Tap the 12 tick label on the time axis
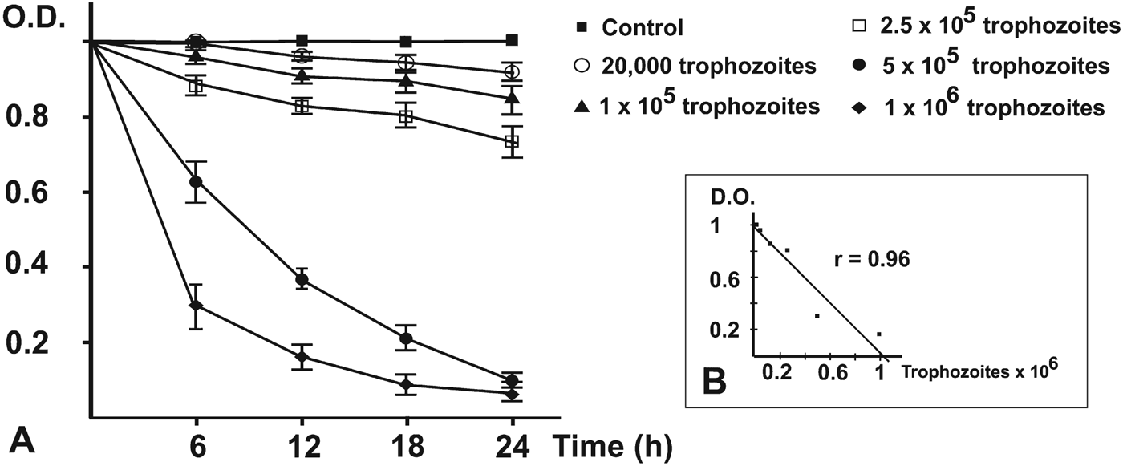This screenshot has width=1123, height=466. (x=301, y=444)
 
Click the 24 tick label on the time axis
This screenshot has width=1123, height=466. (x=512, y=444)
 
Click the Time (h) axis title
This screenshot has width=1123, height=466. (x=610, y=443)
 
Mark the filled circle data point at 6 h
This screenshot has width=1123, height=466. (x=195, y=182)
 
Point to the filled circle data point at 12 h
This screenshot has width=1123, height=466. (x=302, y=279)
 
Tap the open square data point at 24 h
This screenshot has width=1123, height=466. (x=512, y=142)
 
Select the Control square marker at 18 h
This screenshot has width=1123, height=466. (x=407, y=42)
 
